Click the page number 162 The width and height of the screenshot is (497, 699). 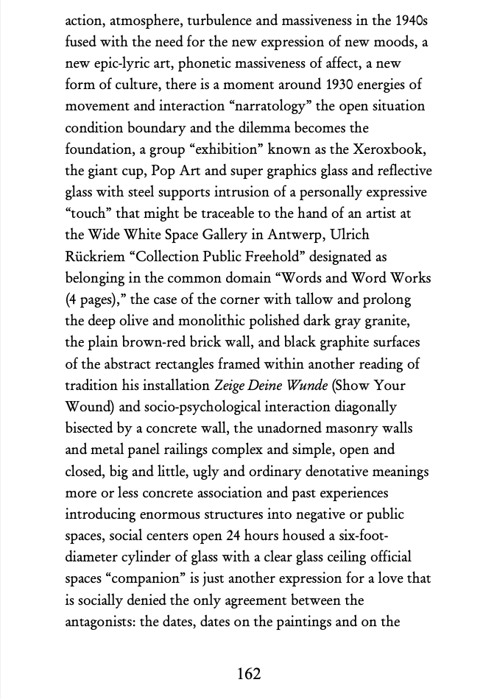249,673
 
